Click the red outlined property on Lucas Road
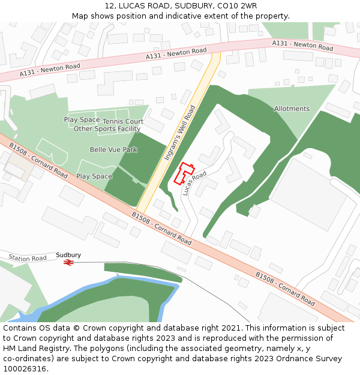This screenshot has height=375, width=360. tap(184, 172)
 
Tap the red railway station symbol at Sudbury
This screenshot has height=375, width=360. tap(69, 262)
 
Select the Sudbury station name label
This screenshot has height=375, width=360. tap(68, 255)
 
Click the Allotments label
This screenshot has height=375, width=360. tap(292, 109)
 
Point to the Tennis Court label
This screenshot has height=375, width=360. tap(122, 121)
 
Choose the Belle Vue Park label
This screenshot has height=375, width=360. tap(113, 149)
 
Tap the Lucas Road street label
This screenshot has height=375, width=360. tap(194, 182)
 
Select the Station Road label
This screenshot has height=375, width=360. tap(28, 259)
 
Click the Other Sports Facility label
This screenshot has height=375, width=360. tap(107, 129)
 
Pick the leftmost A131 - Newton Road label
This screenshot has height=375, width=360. tap(50, 70)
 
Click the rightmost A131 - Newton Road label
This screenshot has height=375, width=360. tap(302, 46)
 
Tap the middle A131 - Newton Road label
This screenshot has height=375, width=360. tap(176, 53)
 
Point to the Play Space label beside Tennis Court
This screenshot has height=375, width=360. tap(82, 120)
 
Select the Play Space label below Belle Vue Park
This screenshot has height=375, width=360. tap(94, 176)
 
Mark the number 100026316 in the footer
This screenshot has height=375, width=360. tap(25, 369)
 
